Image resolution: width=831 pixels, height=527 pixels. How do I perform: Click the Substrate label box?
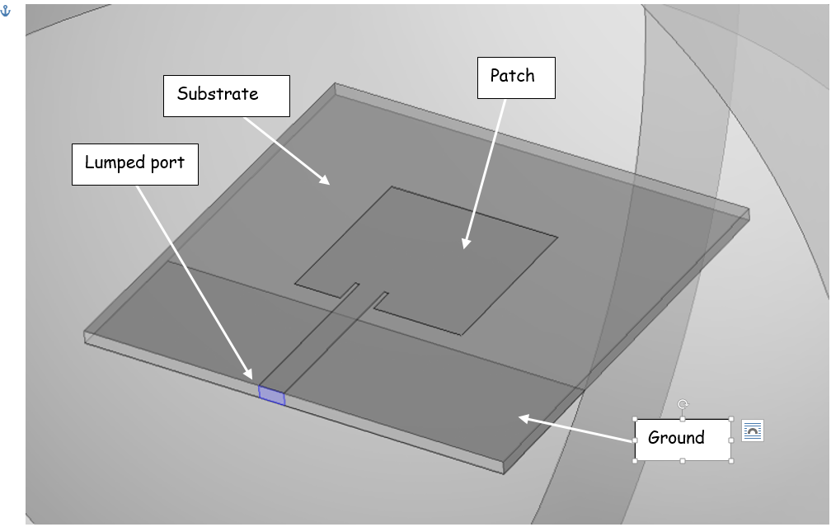(x=227, y=96)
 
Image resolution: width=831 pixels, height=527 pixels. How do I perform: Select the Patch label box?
(x=516, y=78)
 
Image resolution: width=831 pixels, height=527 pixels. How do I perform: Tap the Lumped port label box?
(x=134, y=164)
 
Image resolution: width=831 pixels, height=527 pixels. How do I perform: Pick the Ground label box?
(x=682, y=439)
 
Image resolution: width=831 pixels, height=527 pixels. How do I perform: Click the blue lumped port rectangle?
(x=272, y=395)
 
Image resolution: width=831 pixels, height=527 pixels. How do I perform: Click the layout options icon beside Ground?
(x=752, y=431)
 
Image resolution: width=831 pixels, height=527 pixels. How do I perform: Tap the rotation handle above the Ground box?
(x=683, y=404)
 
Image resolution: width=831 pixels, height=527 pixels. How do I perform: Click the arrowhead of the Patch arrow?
(x=465, y=244)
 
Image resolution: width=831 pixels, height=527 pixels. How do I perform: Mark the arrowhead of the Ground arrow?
(x=522, y=418)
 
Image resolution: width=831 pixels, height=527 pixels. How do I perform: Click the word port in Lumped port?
(x=169, y=163)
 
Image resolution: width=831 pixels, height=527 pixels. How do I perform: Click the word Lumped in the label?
(x=115, y=162)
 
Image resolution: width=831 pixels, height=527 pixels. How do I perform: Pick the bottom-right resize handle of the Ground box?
(x=731, y=460)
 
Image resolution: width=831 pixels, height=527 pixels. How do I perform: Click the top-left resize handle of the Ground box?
(x=635, y=420)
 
